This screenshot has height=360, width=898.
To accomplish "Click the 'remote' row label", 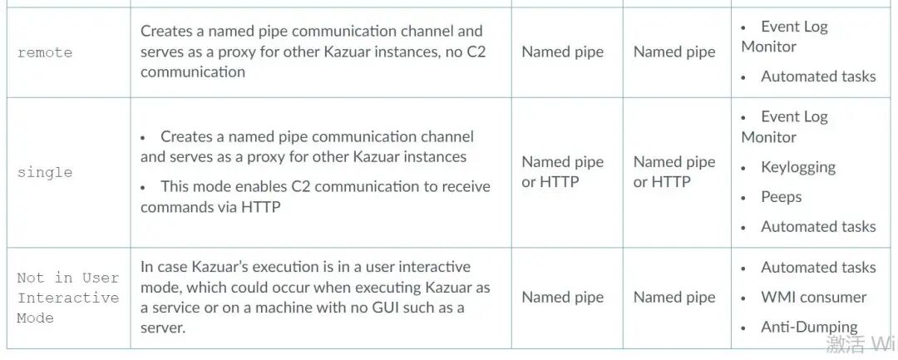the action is [x=45, y=52].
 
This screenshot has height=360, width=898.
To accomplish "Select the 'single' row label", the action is [x=45, y=172].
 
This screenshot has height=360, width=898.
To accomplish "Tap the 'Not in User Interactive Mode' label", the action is [x=68, y=298].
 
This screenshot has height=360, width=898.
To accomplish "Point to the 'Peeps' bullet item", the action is [x=781, y=197].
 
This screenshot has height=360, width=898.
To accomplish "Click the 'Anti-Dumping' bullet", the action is [x=809, y=327].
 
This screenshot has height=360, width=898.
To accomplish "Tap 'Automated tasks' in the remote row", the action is [x=818, y=76].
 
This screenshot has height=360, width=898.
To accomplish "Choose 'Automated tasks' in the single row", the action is [x=818, y=226].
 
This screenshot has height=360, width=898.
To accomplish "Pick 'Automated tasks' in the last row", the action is [x=818, y=267].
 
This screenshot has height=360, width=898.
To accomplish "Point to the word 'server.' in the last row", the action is [x=163, y=328].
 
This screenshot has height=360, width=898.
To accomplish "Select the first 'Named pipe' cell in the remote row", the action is [x=563, y=52].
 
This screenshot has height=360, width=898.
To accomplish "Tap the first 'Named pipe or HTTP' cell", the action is [x=563, y=172].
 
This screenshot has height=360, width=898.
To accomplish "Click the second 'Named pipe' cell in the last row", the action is [x=674, y=298].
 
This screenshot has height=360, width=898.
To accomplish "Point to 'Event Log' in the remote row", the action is [x=794, y=27].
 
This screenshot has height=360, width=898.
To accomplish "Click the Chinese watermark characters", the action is [x=845, y=344].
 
